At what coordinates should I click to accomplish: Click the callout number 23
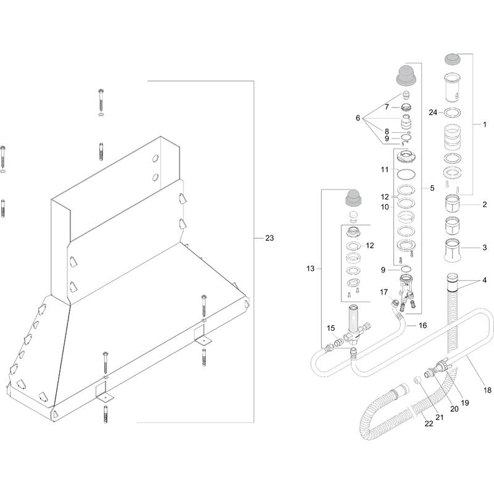tap(269, 238)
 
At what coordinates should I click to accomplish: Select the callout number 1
tap(485, 124)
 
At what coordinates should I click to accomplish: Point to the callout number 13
tap(310, 269)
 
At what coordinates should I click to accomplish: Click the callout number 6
tap(357, 118)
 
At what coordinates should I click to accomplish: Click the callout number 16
tap(422, 325)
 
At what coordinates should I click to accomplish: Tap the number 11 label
tap(383, 169)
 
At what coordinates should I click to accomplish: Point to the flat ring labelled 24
tap(454, 112)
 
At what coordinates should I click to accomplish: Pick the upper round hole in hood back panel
tap(154, 159)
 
